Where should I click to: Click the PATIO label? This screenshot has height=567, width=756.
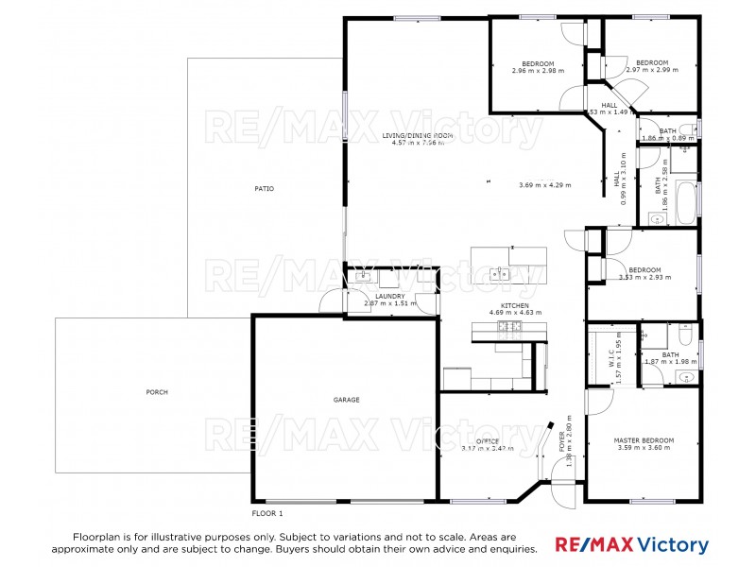[264, 189]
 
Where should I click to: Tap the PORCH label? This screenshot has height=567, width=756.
[157, 392]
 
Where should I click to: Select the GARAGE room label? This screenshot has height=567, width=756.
[346, 400]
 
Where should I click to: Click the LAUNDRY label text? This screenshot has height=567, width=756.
[390, 297]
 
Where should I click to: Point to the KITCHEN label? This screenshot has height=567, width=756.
[515, 305]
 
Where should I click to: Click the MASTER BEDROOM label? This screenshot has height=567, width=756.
[644, 440]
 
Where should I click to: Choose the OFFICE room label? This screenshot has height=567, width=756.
[488, 441]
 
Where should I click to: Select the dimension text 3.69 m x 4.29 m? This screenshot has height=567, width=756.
[545, 185]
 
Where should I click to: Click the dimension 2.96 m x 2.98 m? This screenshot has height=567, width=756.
[538, 71]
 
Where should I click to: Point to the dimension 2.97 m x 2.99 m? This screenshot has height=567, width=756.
[652, 70]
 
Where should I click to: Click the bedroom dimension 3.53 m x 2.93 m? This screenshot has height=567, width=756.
[644, 278]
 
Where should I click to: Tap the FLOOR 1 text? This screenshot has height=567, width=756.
[267, 513]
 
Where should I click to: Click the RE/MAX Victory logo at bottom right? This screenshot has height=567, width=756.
[631, 544]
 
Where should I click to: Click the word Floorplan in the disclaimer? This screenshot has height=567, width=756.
[100, 535]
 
